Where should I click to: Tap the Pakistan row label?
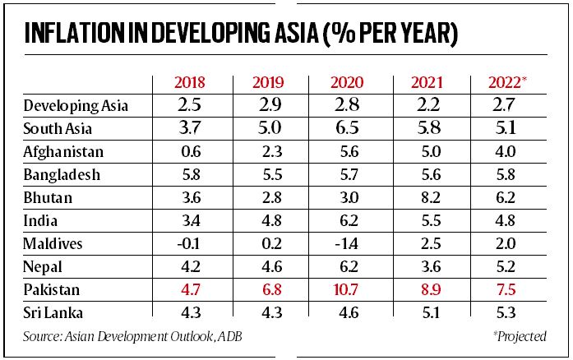tap(52, 290)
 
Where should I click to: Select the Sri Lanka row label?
tap(53, 313)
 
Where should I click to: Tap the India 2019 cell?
tap(270, 221)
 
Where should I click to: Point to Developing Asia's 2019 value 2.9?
tap(270, 105)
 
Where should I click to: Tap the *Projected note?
tap(520, 337)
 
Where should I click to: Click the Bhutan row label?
tap(48, 198)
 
